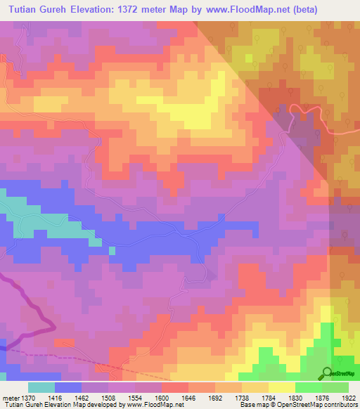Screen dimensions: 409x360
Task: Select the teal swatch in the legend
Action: point(41,387)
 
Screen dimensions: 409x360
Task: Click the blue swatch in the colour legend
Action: point(68,387)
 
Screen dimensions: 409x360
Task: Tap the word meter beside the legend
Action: point(11,397)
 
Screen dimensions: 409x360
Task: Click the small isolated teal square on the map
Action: point(112,249)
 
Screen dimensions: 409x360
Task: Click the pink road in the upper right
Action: point(309,112)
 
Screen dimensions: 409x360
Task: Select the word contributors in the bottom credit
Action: point(340,405)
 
